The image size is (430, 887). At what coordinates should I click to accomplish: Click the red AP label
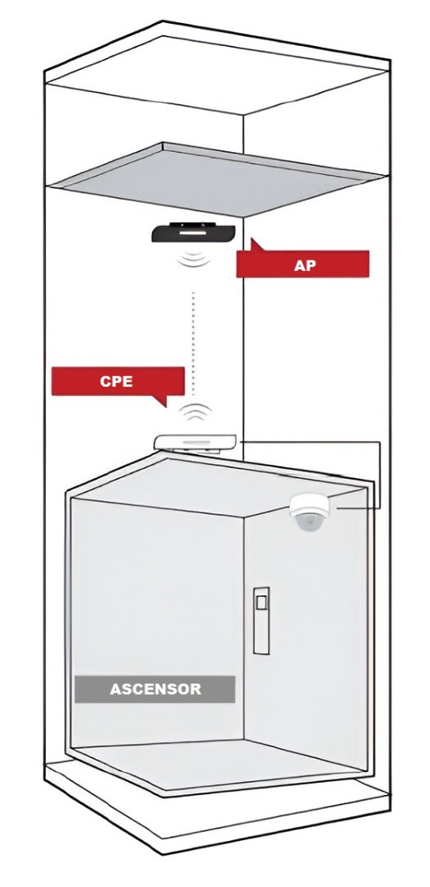click(x=303, y=264)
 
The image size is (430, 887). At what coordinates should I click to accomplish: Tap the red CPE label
click(x=118, y=381)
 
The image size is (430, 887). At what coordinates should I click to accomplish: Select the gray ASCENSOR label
click(x=155, y=689)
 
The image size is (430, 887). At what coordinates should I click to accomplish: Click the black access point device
click(x=193, y=232)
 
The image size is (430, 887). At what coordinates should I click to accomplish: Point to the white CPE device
click(x=195, y=443)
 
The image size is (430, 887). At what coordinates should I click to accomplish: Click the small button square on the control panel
click(x=261, y=603)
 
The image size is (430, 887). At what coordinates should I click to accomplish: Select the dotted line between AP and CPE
click(x=193, y=343)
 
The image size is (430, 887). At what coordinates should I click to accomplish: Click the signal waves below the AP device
click(x=193, y=259)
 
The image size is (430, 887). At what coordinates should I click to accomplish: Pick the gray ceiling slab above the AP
click(x=210, y=177)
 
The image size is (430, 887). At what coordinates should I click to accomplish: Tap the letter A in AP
click(x=299, y=265)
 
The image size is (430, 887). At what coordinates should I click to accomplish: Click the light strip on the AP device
click(x=193, y=232)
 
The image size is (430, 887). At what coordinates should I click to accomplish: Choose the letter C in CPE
click(x=106, y=381)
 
